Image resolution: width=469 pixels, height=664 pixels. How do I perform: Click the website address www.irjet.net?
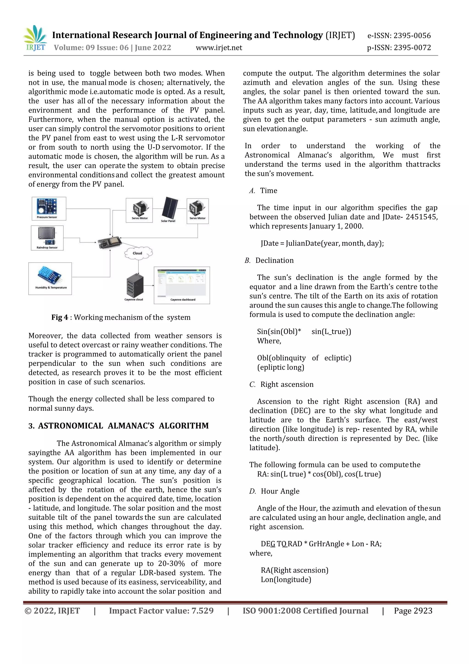click(219, 48)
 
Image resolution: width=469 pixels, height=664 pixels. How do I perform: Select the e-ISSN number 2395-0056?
click(412, 36)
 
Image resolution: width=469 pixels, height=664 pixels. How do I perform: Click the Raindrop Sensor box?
click(47, 238)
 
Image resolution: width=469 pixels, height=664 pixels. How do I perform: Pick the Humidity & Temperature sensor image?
click(50, 276)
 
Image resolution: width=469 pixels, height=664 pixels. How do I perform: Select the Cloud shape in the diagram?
click(138, 253)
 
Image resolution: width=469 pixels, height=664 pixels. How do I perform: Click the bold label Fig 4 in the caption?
click(60, 317)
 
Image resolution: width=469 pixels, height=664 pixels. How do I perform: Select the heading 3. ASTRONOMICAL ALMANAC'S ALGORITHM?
click(118, 426)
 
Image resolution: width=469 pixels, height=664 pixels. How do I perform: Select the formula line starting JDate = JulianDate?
click(322, 243)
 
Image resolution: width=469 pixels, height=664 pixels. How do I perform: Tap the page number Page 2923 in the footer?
click(413, 611)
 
